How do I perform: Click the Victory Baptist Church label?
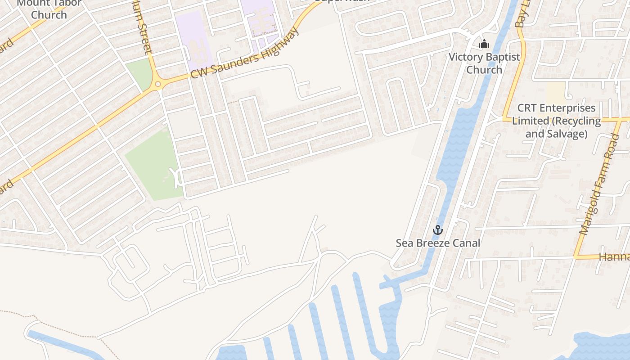click(x=484, y=63)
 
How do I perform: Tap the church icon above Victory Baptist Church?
click(x=484, y=44)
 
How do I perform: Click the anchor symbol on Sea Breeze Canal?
click(x=437, y=230)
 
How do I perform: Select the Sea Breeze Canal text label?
click(x=438, y=243)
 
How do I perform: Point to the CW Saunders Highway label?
click(x=245, y=54)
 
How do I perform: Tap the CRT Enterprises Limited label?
click(x=556, y=121)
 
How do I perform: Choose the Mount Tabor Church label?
click(x=49, y=9)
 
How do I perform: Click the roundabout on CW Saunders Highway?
click(x=158, y=84)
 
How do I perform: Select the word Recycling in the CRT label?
click(x=577, y=121)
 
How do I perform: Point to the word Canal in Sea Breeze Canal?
click(x=466, y=243)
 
